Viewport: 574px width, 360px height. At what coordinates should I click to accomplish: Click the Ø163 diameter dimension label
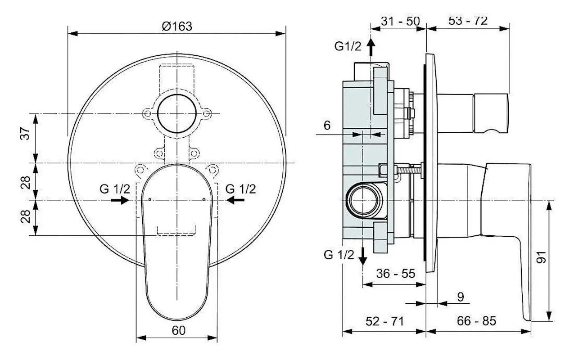click(177, 27)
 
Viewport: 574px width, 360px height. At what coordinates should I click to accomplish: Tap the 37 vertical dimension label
click(25, 133)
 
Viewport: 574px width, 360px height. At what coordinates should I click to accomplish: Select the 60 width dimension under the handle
click(178, 331)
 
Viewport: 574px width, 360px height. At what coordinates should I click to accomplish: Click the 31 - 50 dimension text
click(400, 21)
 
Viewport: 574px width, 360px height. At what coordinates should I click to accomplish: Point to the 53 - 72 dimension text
click(468, 21)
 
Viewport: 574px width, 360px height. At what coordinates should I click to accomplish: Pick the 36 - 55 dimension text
click(395, 274)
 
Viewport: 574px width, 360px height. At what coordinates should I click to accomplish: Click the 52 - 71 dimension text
click(384, 321)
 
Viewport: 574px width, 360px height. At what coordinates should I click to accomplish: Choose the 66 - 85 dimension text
click(476, 321)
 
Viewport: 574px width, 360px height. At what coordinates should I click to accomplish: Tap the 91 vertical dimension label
click(541, 257)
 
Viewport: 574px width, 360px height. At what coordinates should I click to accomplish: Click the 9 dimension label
click(461, 297)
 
